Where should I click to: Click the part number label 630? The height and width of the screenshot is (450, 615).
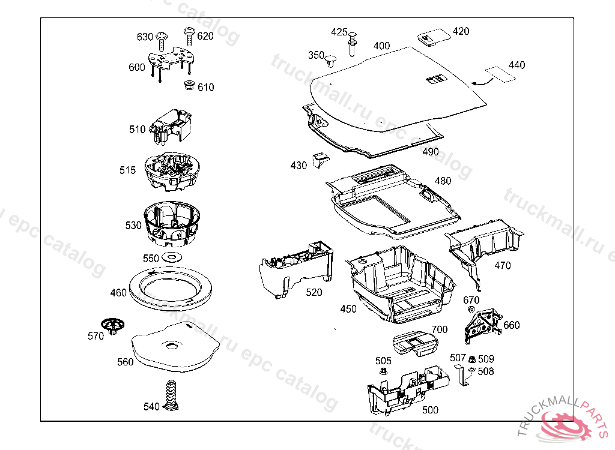(145, 37)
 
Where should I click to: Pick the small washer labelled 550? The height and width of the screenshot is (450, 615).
(172, 257)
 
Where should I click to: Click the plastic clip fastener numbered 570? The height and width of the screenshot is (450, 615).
(113, 325)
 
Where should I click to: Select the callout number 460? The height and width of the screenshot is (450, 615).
(118, 293)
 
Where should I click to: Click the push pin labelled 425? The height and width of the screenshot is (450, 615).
(352, 40)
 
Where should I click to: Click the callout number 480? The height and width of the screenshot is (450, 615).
(443, 181)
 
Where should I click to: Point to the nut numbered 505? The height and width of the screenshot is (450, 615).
(383, 373)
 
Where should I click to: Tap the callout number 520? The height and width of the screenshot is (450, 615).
(314, 292)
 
